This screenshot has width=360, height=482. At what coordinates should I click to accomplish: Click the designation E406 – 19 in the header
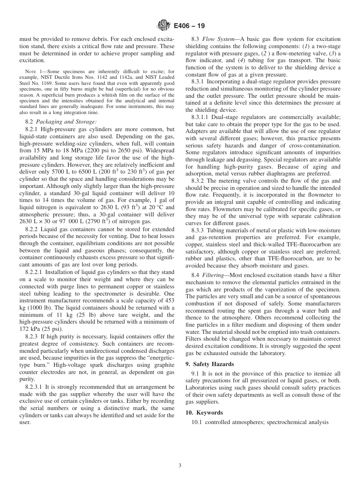click(x=189, y=26)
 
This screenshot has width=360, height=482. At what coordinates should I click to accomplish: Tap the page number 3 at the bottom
click(x=180, y=466)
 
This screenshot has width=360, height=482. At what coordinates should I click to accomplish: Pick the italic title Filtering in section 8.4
click(x=214, y=275)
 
